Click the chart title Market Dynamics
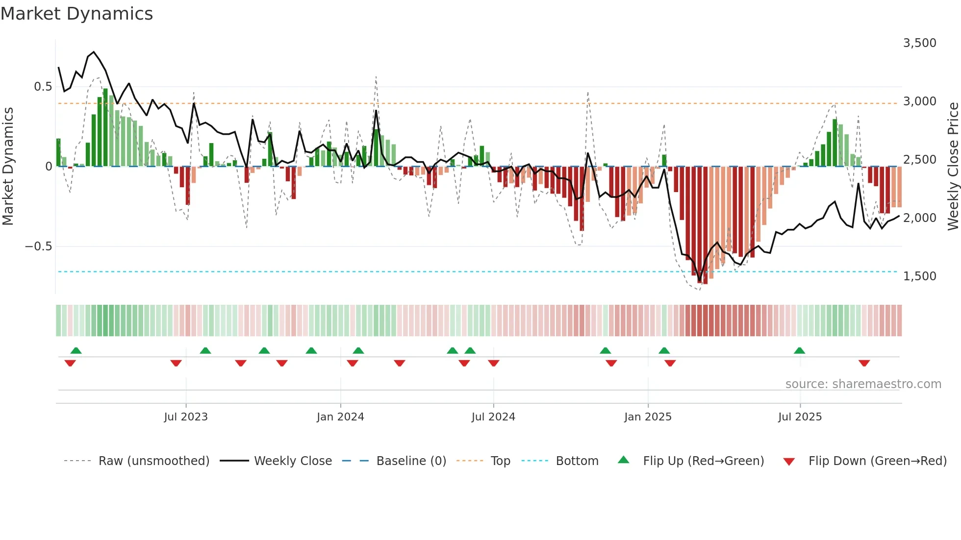point(77,14)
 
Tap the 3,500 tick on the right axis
point(919,43)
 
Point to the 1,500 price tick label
point(919,276)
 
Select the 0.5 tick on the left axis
point(43,87)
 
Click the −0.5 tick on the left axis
point(38,246)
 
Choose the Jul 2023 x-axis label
point(186,417)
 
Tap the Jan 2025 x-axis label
point(648,417)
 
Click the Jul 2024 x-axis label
point(493,417)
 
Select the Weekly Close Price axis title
point(953,167)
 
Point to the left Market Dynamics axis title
point(8,167)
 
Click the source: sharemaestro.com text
point(863,384)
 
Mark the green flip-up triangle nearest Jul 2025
point(799,350)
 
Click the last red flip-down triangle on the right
point(864,363)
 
